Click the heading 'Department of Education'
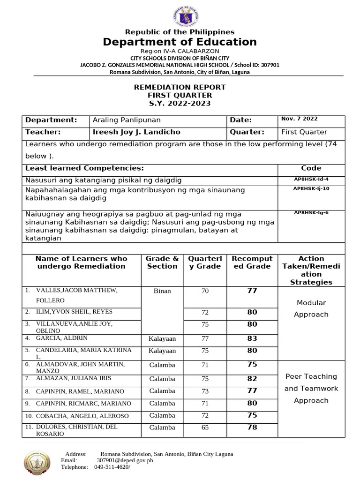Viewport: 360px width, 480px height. click(180, 42)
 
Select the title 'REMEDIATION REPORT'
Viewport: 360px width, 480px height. click(180, 87)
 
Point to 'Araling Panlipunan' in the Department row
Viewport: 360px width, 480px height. click(127, 120)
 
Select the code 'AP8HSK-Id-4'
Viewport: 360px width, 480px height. click(311, 180)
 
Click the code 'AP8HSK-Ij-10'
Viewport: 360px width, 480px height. click(311, 188)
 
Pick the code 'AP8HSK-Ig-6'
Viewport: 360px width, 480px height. click(311, 213)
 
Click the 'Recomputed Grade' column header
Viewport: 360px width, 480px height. click(252, 262)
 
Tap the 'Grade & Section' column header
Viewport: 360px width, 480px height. click(162, 262)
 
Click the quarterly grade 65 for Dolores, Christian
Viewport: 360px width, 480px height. click(205, 427)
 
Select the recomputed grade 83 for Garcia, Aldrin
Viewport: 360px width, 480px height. click(252, 338)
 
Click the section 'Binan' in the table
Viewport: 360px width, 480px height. click(162, 291)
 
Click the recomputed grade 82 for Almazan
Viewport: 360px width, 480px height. click(252, 379)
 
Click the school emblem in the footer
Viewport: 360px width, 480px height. click(37, 464)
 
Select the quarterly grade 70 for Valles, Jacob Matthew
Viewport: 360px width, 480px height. click(205, 291)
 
